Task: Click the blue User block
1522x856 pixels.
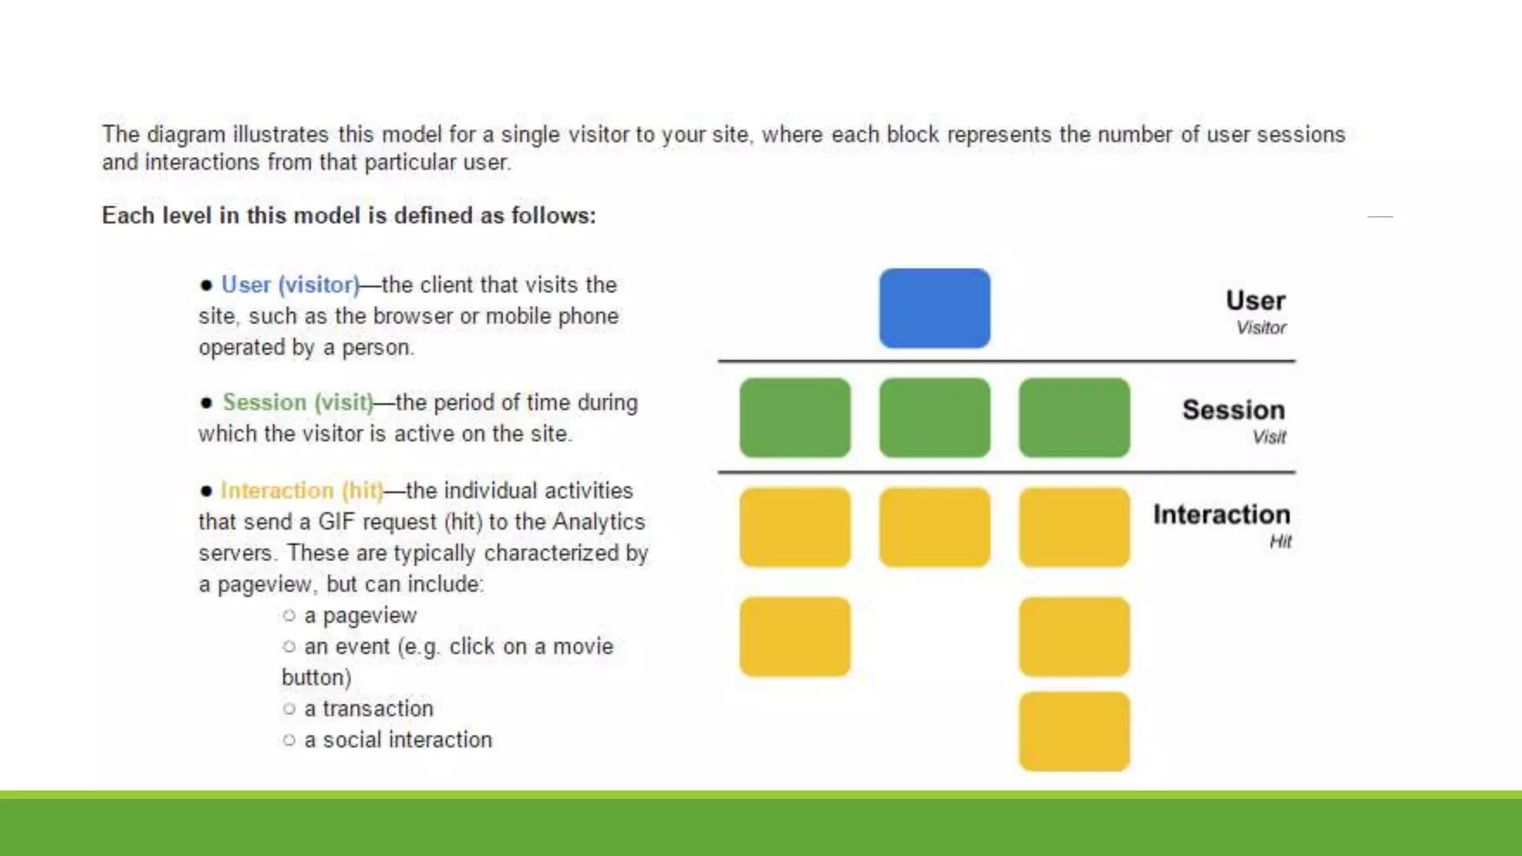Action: coord(934,308)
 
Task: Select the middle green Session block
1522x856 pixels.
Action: coord(934,418)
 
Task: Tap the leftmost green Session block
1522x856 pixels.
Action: coord(794,418)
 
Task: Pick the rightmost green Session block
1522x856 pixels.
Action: coord(1074,418)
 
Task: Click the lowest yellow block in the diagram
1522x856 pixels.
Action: coord(1074,731)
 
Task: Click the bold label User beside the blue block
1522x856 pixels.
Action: coord(1255,301)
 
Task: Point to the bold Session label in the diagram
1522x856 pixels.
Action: coord(1234,410)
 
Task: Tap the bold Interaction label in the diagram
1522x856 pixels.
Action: coord(1221,514)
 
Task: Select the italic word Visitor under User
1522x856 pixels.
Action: coord(1261,328)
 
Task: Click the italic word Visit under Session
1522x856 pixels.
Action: coord(1269,437)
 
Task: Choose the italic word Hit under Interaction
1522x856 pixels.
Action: coord(1280,542)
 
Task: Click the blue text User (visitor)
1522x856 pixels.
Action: coord(291,285)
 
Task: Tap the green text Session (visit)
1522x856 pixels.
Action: coord(298,402)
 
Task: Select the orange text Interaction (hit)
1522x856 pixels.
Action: coord(302,490)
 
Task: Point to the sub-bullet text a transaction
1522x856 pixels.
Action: coord(369,708)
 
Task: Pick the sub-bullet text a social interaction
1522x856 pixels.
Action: coord(398,739)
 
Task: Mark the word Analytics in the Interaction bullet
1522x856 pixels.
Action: coord(599,522)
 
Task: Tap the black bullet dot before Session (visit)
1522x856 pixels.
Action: coord(206,403)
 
